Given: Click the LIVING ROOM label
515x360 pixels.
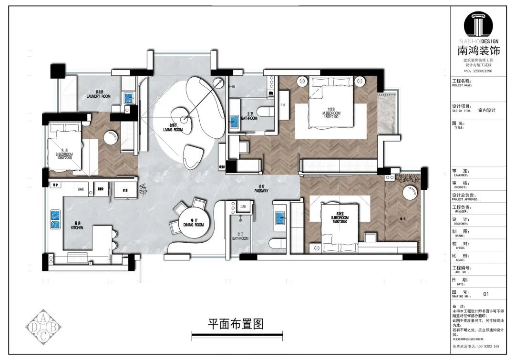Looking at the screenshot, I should click(x=173, y=128).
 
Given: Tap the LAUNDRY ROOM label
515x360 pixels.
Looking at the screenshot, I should click(x=99, y=94).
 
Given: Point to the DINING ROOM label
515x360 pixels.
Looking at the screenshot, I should click(x=193, y=223).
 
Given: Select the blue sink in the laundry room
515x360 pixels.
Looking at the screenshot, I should click(x=129, y=98).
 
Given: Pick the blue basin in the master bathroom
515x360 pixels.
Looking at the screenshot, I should click(x=235, y=122).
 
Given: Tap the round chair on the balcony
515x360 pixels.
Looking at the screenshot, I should click(x=410, y=194).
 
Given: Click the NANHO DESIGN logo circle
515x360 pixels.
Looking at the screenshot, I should click(x=482, y=24).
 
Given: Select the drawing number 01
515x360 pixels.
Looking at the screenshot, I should click(x=486, y=294).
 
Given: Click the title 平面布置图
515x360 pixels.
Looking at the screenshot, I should click(x=236, y=324).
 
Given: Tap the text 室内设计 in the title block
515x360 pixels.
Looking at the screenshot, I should click(x=487, y=110).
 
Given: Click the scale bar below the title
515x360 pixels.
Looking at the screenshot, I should click(x=237, y=337).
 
